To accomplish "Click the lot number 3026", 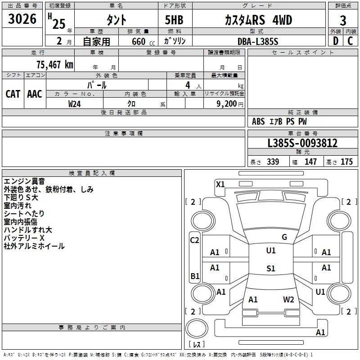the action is tap(22, 18).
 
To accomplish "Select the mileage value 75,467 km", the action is tap(55, 64).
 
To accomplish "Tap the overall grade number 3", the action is tap(343, 21).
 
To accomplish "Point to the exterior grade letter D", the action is tap(336, 41).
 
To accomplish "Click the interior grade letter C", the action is tap(350, 41).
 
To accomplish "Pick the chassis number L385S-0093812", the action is tap(302, 143).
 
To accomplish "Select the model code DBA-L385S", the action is tap(258, 41).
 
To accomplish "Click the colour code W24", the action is tap(74, 104).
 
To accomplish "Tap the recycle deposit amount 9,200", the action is tap(226, 104).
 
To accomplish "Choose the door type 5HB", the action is tap(174, 20).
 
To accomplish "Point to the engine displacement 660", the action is tap(139, 41).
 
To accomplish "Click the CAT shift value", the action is tap(13, 94).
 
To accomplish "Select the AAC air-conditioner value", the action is tap(35, 94).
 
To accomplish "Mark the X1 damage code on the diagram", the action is tap(220, 184).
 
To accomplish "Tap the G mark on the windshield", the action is tap(284, 237).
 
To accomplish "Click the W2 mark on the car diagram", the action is tap(288, 299).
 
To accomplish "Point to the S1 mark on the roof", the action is tap(271, 268).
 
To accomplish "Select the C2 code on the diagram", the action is tap(194, 240).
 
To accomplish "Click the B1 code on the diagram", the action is tap(195, 276).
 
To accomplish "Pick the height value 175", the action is tap(346, 162).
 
